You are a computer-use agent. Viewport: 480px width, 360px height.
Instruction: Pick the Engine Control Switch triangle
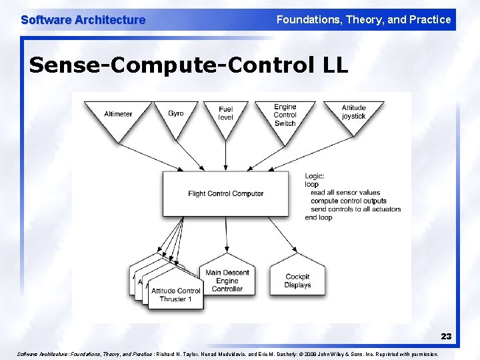[285, 115]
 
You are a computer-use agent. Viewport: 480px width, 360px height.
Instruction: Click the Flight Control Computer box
[225, 193]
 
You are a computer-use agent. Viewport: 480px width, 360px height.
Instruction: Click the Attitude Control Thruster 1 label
[176, 295]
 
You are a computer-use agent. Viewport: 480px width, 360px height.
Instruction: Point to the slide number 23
[445, 337]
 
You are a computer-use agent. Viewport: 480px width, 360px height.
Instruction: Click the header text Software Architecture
[83, 20]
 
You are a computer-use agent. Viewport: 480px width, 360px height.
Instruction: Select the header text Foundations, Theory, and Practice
[363, 20]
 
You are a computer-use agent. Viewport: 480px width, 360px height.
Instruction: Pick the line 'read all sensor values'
[345, 193]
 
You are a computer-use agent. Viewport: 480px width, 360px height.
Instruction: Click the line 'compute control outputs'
[348, 201]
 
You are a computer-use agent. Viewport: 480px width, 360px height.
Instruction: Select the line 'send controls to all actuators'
[355, 209]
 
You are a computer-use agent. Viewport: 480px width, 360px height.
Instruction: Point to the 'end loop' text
[318, 217]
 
